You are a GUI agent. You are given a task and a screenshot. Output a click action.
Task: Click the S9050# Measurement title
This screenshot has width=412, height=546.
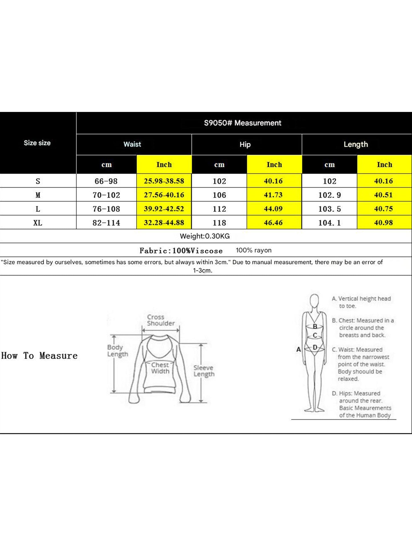(x=243, y=123)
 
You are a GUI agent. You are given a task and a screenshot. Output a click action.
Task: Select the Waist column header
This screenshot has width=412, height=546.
(x=132, y=144)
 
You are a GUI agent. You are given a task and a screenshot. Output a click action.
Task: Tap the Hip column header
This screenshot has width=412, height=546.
(x=245, y=145)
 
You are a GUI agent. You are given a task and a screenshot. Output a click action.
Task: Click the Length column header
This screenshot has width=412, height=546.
(x=356, y=144)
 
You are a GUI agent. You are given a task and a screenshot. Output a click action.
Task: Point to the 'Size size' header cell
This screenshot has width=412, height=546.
(x=37, y=143)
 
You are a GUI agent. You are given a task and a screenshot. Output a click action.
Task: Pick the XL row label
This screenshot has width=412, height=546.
(x=38, y=223)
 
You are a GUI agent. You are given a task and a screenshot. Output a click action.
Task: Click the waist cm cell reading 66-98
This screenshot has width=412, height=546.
(x=106, y=181)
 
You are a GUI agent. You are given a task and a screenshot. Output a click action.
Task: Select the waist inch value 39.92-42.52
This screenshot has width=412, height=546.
(x=164, y=209)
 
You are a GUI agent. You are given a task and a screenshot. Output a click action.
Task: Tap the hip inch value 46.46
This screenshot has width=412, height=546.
(x=273, y=223)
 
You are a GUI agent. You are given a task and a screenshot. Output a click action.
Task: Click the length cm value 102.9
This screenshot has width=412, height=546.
(x=330, y=195)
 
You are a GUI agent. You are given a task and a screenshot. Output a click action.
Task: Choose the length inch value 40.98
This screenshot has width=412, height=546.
(x=383, y=223)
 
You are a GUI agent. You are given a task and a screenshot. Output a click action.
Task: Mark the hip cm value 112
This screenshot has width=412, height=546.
(x=219, y=209)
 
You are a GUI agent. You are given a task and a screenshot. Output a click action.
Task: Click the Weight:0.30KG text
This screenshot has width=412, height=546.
(x=205, y=236)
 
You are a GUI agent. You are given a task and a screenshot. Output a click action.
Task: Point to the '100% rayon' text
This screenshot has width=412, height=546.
(x=253, y=250)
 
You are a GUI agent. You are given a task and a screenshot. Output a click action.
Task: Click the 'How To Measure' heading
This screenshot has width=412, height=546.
(x=39, y=356)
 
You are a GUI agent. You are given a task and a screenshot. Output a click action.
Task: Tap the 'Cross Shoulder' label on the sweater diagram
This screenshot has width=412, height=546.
(x=161, y=320)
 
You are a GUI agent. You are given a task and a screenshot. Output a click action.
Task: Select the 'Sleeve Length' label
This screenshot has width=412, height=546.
(x=204, y=371)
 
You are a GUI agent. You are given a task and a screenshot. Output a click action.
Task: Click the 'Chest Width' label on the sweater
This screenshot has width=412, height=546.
(x=160, y=368)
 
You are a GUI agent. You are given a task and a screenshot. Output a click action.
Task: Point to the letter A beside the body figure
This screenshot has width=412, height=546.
(x=299, y=349)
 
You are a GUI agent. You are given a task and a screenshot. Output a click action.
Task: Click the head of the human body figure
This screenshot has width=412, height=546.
(x=314, y=300)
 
